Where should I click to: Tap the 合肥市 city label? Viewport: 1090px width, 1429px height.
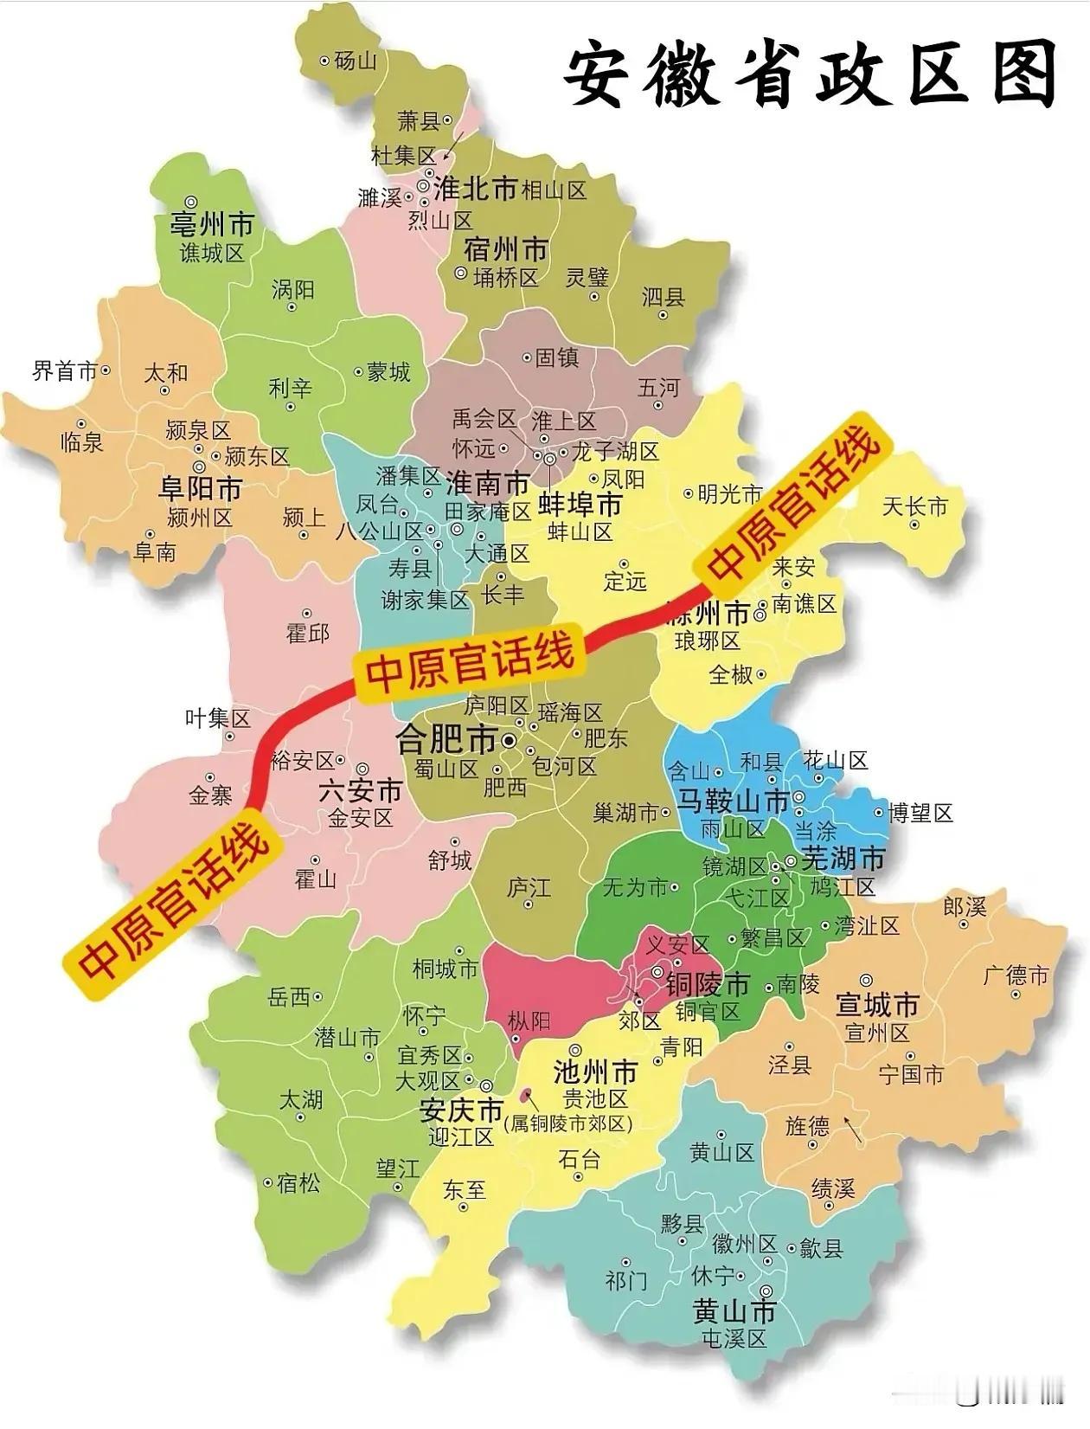(x=446, y=739)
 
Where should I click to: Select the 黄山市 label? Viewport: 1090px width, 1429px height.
(x=734, y=1311)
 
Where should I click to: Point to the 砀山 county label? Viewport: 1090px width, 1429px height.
(x=356, y=61)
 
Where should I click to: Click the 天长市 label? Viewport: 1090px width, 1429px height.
(x=914, y=506)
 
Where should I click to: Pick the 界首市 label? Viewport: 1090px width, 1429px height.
(x=65, y=371)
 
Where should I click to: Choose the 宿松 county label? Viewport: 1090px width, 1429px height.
(x=298, y=1182)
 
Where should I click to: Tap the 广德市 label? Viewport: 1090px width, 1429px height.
(x=1016, y=975)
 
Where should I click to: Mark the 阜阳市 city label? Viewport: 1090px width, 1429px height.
(x=201, y=488)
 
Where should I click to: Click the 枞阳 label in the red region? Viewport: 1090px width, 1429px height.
(x=529, y=1021)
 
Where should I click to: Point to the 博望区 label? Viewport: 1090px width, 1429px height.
(x=920, y=813)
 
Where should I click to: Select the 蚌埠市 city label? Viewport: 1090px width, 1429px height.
(x=580, y=505)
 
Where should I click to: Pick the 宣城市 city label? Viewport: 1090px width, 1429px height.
(x=876, y=1005)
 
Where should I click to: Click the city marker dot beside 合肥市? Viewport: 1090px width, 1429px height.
(x=510, y=741)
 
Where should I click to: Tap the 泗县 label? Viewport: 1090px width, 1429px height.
(x=664, y=297)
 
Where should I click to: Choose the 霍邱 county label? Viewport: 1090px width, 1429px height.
(x=308, y=633)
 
